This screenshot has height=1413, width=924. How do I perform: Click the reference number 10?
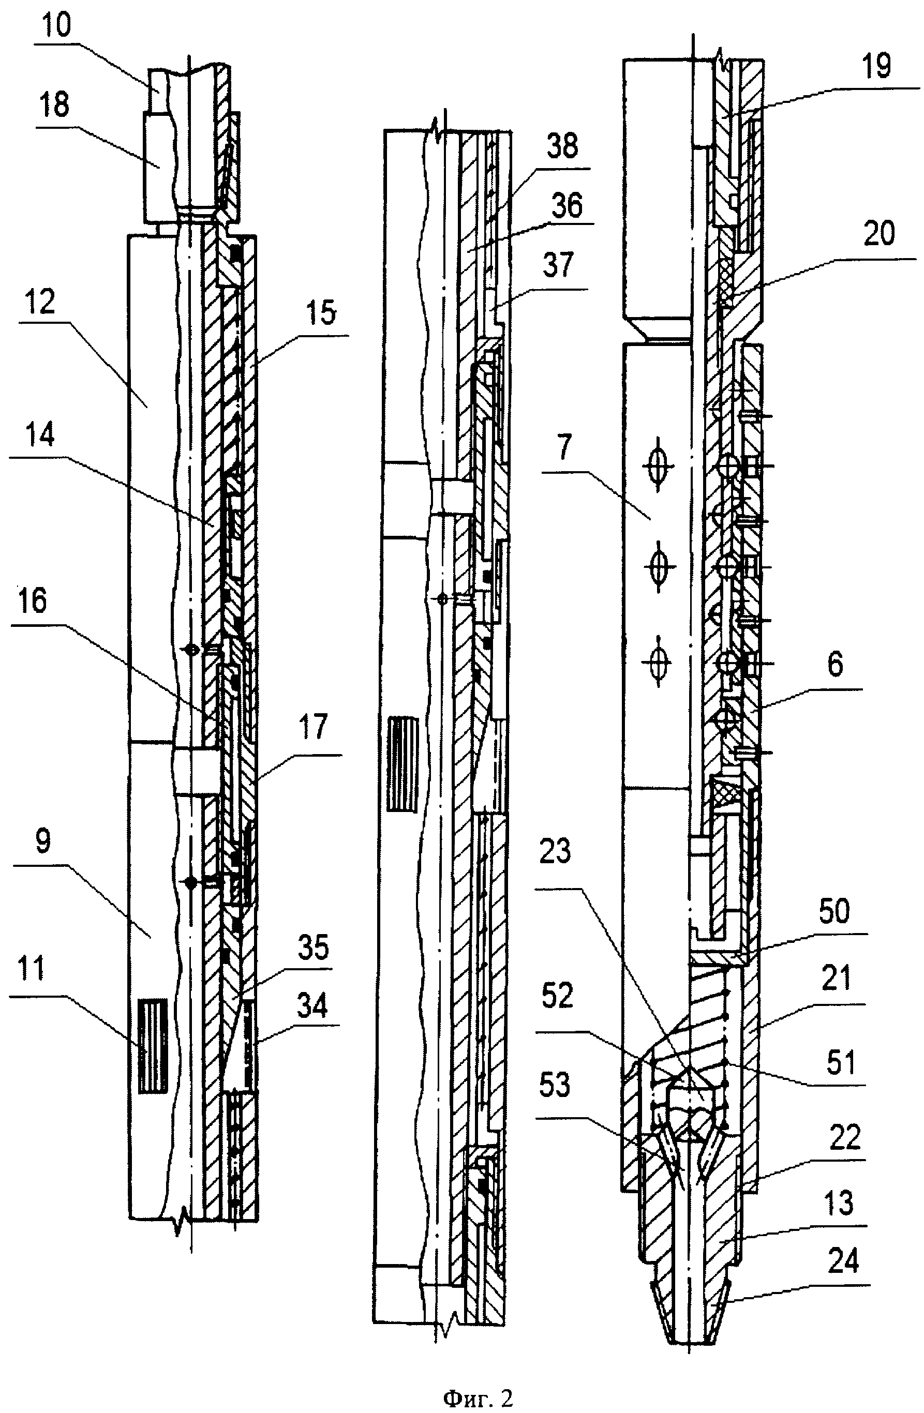[56, 25]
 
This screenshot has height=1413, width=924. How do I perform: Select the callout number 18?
[54, 106]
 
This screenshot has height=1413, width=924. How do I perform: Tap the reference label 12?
[40, 302]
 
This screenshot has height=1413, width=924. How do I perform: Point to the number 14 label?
[41, 434]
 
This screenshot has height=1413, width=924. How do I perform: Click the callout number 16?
[32, 601]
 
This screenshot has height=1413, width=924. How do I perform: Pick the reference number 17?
[314, 728]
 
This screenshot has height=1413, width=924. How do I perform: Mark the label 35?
[313, 948]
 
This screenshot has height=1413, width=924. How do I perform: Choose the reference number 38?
[562, 145]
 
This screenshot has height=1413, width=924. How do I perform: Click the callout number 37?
[558, 265]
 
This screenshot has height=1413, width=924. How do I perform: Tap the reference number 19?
[876, 65]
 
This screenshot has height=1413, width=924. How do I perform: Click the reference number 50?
[834, 912]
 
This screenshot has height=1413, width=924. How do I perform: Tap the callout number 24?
[843, 1260]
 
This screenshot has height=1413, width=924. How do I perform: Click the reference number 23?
[555, 851]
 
